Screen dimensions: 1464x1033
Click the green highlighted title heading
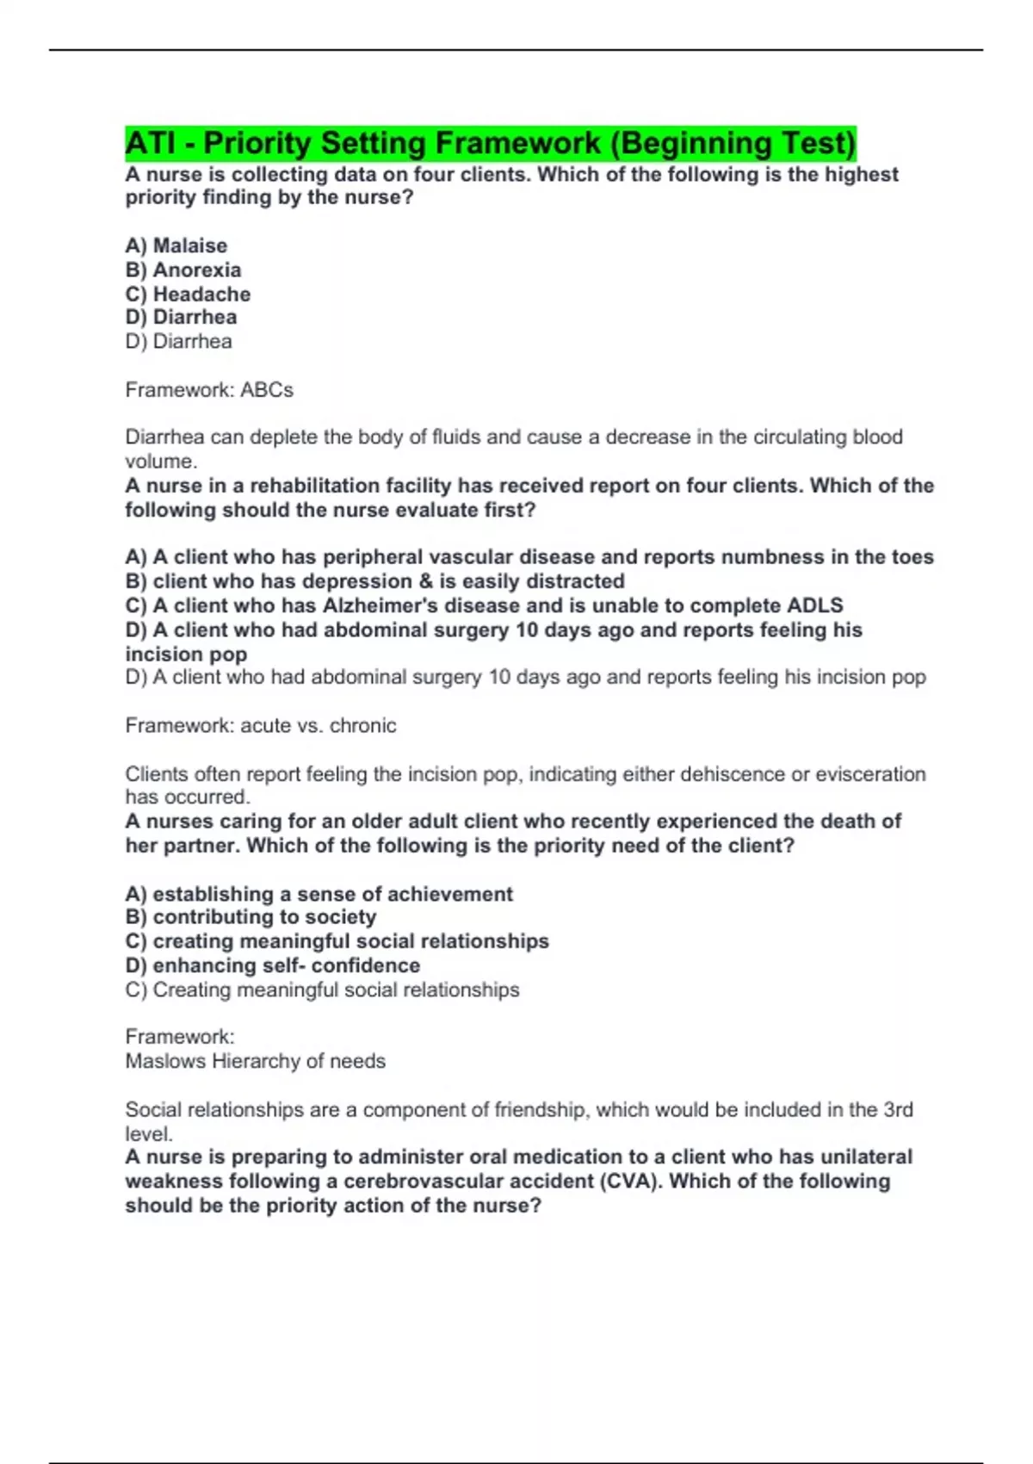(490, 143)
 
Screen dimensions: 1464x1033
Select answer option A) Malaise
(176, 245)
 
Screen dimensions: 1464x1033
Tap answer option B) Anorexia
(183, 270)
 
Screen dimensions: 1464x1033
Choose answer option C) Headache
(188, 294)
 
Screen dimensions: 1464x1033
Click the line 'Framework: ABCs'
(209, 390)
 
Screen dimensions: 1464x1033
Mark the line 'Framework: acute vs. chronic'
(261, 726)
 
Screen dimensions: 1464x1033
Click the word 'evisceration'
(869, 774)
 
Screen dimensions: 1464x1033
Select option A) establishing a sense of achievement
(319, 894)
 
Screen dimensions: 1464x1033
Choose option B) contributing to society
(251, 917)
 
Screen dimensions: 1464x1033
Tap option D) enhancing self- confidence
(273, 965)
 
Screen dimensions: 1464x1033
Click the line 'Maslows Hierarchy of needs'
(255, 1061)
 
